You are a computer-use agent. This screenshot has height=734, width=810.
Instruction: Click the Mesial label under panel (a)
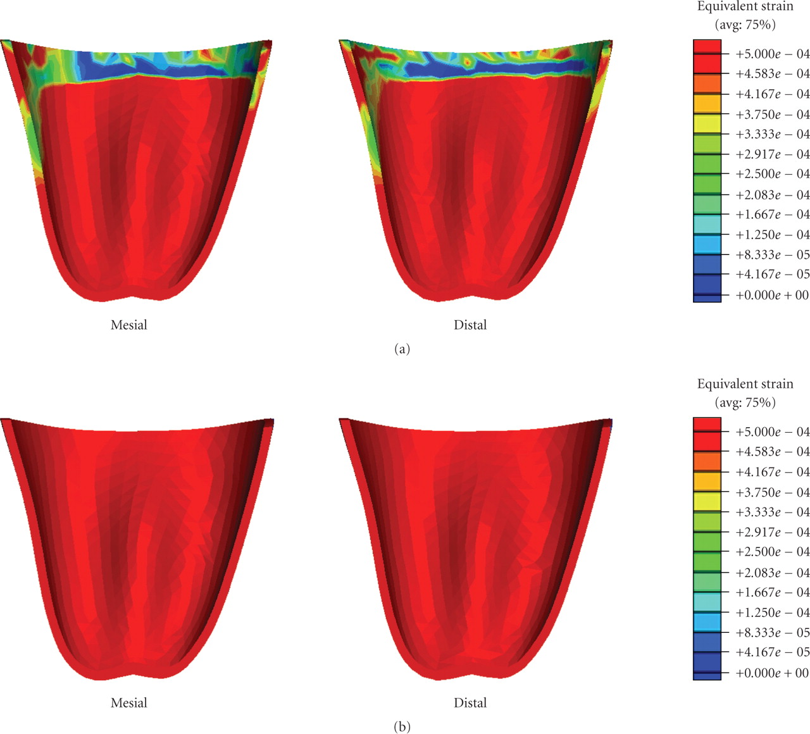coord(128,325)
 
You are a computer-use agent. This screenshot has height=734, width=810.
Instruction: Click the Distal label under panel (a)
coord(470,325)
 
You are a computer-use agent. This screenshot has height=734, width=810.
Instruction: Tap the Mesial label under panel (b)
coord(128,703)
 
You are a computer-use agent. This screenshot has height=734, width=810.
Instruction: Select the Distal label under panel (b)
coord(470,703)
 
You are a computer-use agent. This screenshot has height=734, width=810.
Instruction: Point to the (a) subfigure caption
coord(402,349)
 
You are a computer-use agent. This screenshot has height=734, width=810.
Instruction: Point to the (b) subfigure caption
coord(402,727)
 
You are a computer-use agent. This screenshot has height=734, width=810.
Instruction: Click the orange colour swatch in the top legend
coord(707,84)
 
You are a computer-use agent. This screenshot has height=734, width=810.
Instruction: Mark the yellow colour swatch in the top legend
coord(707,124)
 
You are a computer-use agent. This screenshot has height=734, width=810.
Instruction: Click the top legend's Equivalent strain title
coord(745,7)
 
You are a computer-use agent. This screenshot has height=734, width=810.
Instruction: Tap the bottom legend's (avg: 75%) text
coord(745,403)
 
